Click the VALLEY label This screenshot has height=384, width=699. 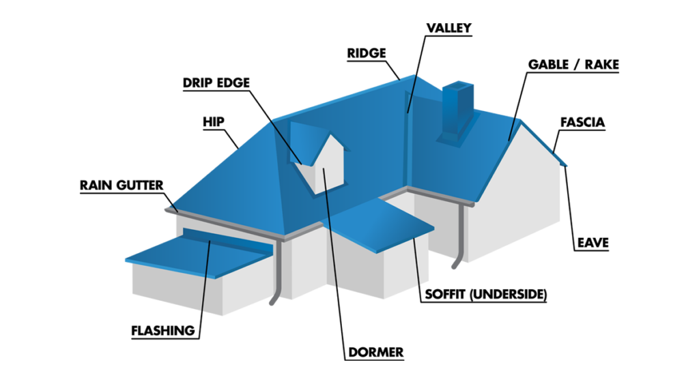click(448, 28)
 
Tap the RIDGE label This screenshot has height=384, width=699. click(367, 53)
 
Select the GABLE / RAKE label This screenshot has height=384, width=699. click(573, 65)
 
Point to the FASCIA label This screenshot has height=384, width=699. click(582, 123)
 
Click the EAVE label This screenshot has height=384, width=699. click(591, 242)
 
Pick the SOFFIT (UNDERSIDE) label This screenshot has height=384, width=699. click(486, 295)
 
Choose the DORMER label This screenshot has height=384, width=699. click(375, 352)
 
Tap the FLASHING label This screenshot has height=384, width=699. click(163, 331)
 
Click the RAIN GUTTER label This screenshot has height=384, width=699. click(122, 185)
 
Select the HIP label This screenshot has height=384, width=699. click(214, 122)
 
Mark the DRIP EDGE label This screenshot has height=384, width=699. click(216, 83)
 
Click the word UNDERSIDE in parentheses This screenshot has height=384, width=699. click(513, 295)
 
